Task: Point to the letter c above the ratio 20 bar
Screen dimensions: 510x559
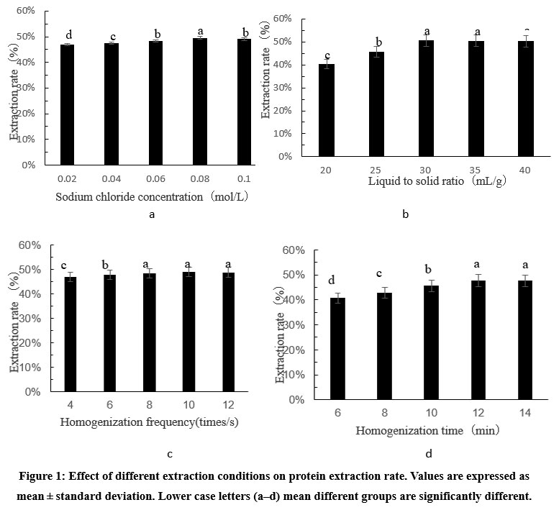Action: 327,55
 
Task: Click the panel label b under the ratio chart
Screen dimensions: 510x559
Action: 405,214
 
